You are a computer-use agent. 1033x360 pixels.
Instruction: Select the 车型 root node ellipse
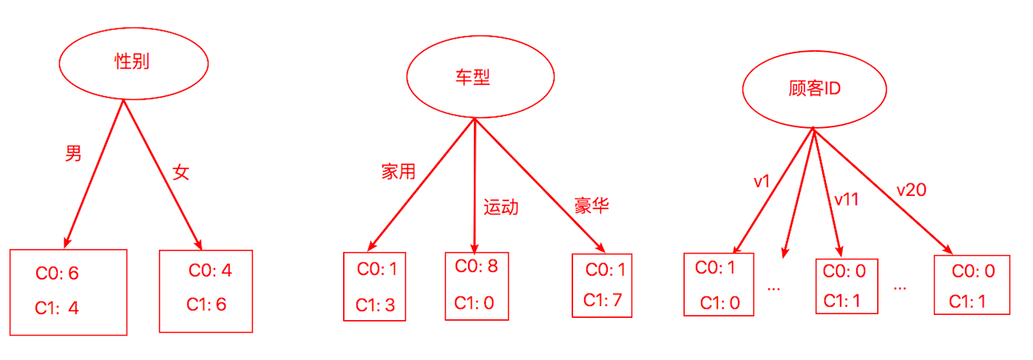480,79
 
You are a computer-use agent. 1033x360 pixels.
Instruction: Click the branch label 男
73,154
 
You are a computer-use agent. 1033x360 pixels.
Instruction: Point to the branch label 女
181,172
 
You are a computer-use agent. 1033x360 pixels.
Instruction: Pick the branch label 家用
399,171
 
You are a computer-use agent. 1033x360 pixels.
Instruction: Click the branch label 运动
501,207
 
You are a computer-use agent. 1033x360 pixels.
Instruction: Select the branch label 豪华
592,205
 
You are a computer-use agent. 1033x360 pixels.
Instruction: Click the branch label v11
846,200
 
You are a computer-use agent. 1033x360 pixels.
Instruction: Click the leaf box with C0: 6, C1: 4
69,292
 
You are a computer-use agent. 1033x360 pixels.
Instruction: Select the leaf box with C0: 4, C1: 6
206,287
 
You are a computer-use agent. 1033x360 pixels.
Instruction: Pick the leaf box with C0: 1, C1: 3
375,287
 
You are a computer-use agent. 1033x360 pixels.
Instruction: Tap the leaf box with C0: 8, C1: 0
476,285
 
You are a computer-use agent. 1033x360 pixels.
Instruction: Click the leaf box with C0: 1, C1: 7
602,285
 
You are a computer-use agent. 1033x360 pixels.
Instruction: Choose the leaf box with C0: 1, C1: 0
718,284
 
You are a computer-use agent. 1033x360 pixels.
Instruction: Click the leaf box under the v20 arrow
971,285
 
